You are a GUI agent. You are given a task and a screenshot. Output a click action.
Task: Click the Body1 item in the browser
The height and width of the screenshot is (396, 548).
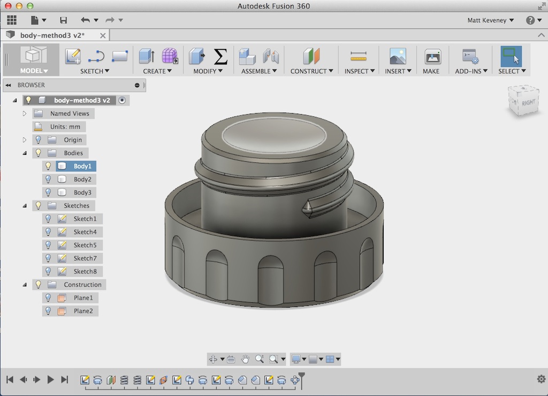[82, 166]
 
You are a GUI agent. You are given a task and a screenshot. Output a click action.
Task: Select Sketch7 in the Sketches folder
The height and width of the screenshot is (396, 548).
[85, 258]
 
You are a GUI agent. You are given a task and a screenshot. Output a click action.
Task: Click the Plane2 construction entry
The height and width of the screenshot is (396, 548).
[83, 311]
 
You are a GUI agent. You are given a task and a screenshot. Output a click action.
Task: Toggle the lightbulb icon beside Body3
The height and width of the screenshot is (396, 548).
[48, 192]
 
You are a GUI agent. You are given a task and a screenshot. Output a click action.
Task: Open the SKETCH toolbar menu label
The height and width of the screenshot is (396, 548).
[94, 71]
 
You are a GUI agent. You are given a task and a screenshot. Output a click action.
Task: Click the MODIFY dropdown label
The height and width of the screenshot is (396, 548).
[207, 71]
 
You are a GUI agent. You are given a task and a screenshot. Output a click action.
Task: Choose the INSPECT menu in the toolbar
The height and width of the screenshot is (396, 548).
[359, 71]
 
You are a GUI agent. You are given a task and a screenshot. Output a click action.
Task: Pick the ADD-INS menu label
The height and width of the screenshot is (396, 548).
[470, 71]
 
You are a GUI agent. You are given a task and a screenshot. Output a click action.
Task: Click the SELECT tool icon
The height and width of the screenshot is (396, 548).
[511, 56]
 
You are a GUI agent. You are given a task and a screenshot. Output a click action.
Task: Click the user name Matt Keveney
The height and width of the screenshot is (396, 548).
[490, 20]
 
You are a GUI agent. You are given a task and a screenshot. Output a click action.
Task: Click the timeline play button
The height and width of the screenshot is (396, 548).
[51, 379]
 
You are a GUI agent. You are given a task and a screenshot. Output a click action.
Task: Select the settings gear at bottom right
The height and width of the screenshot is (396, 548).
[541, 379]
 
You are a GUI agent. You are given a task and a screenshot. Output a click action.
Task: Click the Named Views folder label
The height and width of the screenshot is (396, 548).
[70, 114]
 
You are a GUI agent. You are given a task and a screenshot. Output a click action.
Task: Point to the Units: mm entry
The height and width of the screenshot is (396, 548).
[65, 126]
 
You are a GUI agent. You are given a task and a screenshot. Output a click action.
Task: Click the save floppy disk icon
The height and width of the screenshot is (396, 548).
[64, 20]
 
